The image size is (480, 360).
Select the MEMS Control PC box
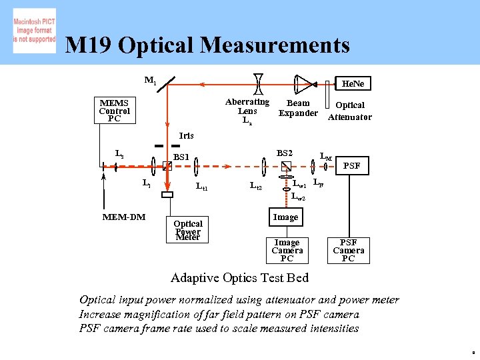[x=114, y=111]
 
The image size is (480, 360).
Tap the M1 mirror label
[x=150, y=81]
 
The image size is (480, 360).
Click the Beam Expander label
[x=297, y=108]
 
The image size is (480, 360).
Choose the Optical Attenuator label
[x=349, y=111]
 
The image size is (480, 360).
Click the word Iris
[x=186, y=135]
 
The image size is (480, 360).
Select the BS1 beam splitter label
[x=181, y=157]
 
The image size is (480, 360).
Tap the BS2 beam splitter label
[x=285, y=153]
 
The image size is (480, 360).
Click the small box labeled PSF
[x=351, y=165]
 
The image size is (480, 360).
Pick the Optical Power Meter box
[x=187, y=229]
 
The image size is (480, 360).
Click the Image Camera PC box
[x=287, y=250]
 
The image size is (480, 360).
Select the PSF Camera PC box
[x=348, y=250]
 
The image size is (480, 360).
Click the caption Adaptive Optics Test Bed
[x=239, y=277]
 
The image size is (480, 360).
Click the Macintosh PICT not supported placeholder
[x=34, y=31]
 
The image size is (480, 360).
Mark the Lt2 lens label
[x=255, y=187]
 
